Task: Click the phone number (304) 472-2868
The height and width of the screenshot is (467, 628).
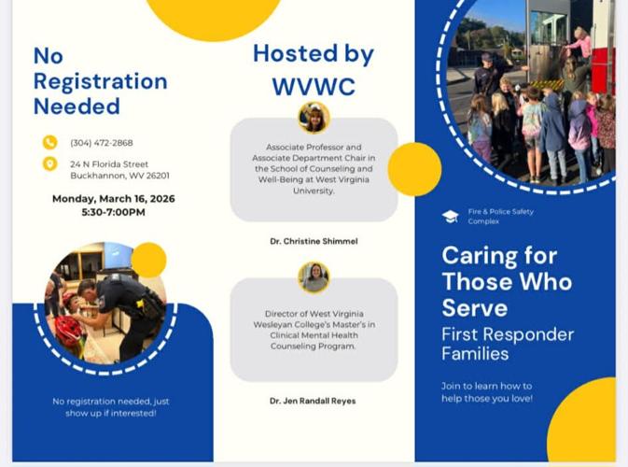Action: (x=102, y=143)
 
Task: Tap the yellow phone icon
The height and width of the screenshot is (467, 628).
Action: (x=50, y=143)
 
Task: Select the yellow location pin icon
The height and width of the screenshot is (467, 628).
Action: (x=50, y=164)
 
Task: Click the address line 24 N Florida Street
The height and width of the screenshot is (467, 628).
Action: (x=109, y=164)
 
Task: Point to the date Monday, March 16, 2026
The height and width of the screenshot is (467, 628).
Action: (x=113, y=199)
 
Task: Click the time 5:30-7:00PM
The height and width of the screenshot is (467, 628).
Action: (x=113, y=212)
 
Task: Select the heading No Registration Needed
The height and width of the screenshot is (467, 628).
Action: (x=100, y=81)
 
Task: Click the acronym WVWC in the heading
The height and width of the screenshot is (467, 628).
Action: (x=314, y=87)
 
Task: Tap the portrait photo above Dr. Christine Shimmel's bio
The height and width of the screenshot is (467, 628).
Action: (x=314, y=118)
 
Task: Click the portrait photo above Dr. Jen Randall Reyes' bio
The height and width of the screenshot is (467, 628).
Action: (x=314, y=277)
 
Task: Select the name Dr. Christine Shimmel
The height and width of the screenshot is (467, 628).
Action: (x=314, y=241)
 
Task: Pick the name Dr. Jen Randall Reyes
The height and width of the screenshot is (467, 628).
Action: (x=314, y=401)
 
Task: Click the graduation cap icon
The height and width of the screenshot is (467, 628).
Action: (x=450, y=217)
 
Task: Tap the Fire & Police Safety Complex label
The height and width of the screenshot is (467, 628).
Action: (x=500, y=217)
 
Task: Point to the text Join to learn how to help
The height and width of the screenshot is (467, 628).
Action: (x=486, y=392)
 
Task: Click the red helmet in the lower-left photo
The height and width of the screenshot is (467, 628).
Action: (x=70, y=330)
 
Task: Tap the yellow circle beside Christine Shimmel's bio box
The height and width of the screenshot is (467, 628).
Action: (x=414, y=169)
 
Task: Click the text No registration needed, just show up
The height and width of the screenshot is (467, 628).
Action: (x=111, y=407)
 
